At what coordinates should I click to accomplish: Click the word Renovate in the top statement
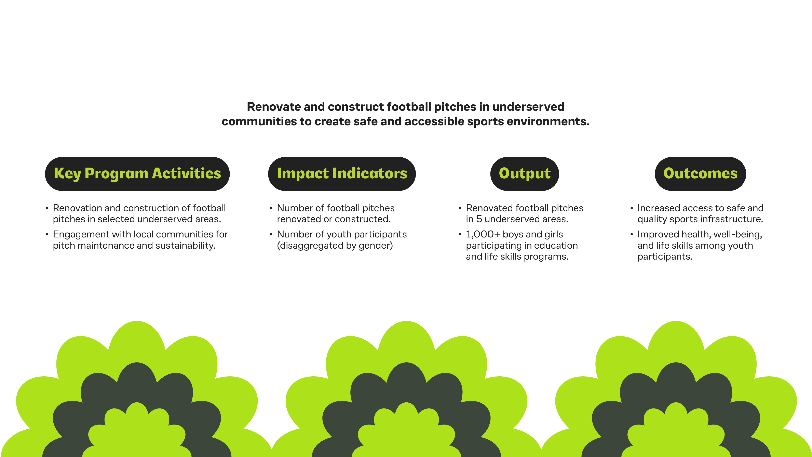(x=274, y=107)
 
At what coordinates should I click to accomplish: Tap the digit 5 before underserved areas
(x=479, y=219)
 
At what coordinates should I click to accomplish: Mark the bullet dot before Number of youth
(x=271, y=235)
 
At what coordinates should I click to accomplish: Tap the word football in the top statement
(x=408, y=107)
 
